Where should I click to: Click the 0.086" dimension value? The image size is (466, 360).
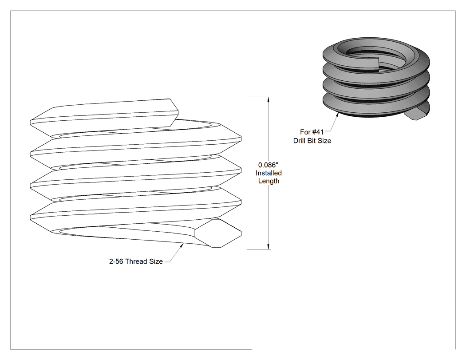tap(268, 165)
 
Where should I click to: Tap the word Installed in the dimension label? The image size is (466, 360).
tap(269, 173)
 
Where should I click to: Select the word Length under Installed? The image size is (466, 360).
tap(269, 181)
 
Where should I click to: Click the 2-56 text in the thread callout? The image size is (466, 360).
tap(116, 261)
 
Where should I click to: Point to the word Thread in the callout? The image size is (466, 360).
tap(136, 261)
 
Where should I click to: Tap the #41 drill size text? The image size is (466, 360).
tap(318, 132)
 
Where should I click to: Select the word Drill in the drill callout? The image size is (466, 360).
tap(299, 141)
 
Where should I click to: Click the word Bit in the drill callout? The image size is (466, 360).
tap(311, 141)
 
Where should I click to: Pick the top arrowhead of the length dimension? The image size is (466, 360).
tap(269, 99)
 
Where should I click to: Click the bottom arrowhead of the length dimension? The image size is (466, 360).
tap(269, 247)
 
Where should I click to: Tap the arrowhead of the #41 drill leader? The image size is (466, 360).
tap(337, 115)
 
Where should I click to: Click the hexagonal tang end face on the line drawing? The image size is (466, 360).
tap(218, 233)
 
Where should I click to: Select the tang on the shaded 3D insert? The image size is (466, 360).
tap(417, 114)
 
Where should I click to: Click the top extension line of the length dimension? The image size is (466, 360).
tap(259, 97)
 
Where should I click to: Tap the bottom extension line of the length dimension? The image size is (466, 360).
tap(259, 249)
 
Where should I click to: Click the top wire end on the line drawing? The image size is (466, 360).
tap(174, 113)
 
